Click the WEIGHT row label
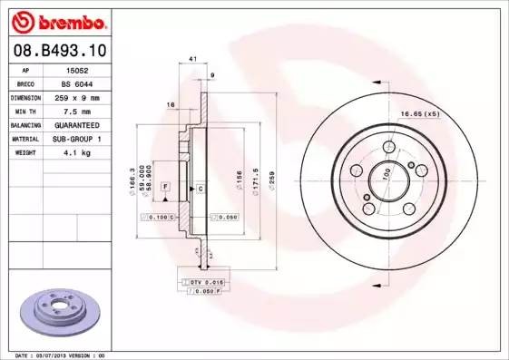point(25,152)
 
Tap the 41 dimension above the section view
point(191,61)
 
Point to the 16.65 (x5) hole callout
point(419,113)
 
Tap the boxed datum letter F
point(165,186)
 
